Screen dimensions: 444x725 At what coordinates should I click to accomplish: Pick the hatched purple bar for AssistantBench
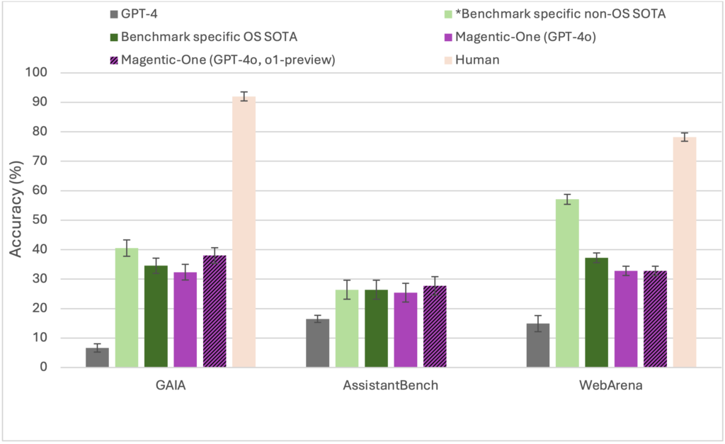(x=435, y=326)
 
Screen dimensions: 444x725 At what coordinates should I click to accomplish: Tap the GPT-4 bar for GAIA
(x=97, y=358)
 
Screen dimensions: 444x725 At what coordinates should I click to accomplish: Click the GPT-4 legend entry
(x=139, y=12)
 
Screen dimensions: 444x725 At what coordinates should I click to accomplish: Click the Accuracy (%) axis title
(x=17, y=220)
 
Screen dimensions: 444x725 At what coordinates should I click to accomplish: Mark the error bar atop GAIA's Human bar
(x=244, y=96)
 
